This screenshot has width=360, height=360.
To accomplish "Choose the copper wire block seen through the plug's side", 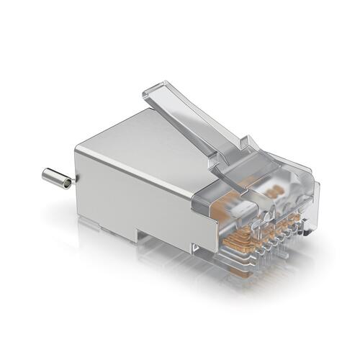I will pos(216,216).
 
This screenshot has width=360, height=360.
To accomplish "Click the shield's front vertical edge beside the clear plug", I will pos(193,216).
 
